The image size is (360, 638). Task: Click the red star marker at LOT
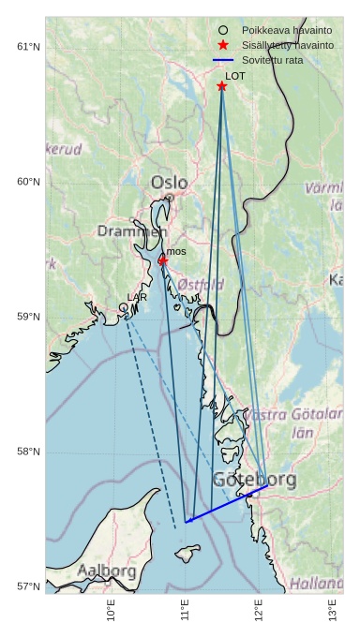click(x=222, y=86)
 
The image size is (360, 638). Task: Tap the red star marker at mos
click(x=162, y=260)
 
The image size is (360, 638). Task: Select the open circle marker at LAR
click(x=123, y=307)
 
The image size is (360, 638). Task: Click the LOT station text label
click(x=234, y=76)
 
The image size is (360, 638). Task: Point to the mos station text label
click(x=176, y=251)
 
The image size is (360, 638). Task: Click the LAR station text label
click(x=137, y=297)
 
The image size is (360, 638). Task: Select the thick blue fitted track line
click(x=227, y=504)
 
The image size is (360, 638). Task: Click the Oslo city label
click(x=169, y=183)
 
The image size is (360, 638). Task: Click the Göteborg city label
click(x=254, y=480)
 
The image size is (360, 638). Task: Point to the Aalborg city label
click(x=107, y=570)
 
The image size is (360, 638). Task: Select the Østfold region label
click(x=201, y=284)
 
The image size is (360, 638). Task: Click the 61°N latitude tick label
click(x=28, y=47)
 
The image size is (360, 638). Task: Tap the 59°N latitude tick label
click(x=28, y=317)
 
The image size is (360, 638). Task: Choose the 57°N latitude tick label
click(x=28, y=586)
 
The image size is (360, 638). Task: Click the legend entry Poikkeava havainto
click(x=287, y=30)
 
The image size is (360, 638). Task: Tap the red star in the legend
click(x=223, y=45)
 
